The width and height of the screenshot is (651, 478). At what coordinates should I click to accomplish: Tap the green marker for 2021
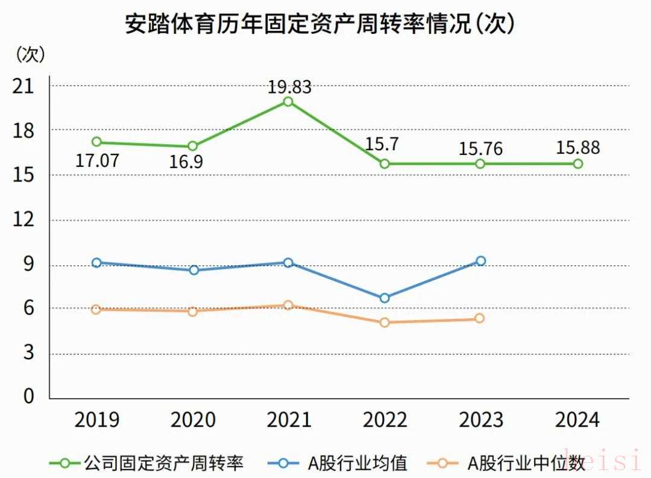[x=288, y=101]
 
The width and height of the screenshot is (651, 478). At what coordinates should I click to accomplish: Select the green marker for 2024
[x=577, y=163]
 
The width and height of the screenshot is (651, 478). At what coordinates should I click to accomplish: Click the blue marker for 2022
[x=385, y=298]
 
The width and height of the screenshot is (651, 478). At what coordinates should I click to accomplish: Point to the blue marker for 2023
[x=480, y=261]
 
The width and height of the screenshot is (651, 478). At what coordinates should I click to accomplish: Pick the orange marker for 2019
[x=96, y=309]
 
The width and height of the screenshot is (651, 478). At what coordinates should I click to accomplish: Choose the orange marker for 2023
[x=480, y=318]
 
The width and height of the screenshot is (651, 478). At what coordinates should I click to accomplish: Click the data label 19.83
[x=289, y=87]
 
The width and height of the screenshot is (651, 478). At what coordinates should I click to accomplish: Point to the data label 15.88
[x=578, y=148]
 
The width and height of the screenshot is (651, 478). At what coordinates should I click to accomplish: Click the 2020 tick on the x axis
[x=193, y=420]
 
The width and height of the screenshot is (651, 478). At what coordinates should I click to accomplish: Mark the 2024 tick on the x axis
[x=577, y=420]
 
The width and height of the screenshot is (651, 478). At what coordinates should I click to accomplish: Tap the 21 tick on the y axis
[x=24, y=86]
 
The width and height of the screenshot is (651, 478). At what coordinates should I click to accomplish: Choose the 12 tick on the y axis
[x=24, y=221]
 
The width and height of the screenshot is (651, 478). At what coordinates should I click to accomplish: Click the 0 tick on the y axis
[x=29, y=397]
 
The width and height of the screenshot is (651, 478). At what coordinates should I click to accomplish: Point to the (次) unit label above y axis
[x=30, y=54]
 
